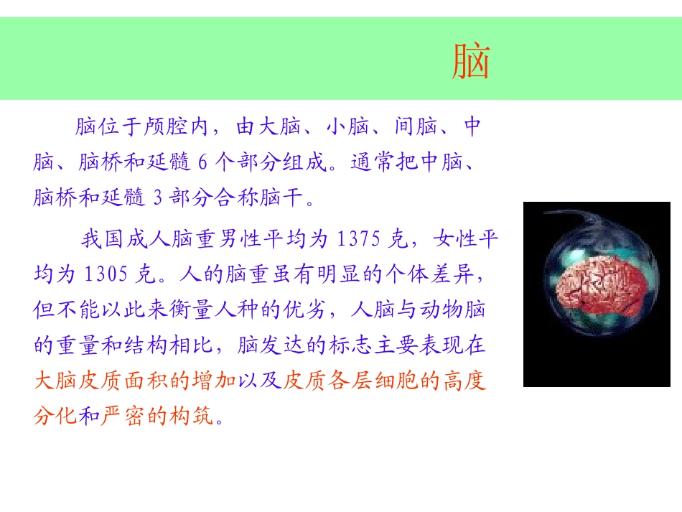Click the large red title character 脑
point(471,62)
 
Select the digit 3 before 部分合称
point(159,197)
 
